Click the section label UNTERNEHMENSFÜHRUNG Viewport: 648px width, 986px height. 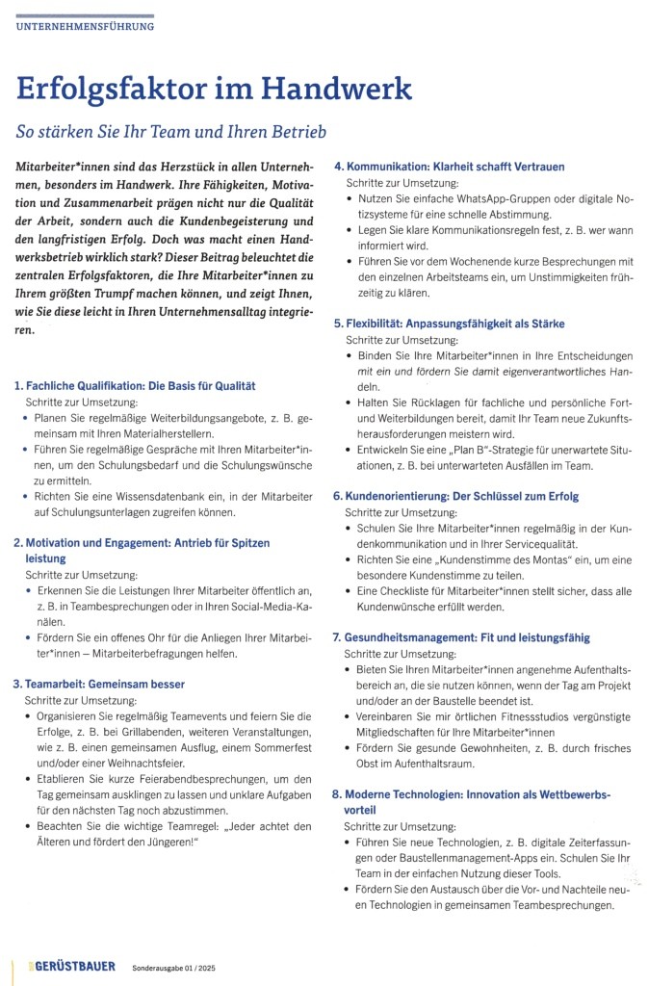pyautogui.click(x=85, y=27)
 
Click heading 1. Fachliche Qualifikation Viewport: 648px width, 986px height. pyautogui.click(x=135, y=385)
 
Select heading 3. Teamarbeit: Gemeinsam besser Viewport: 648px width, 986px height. pyautogui.click(x=98, y=684)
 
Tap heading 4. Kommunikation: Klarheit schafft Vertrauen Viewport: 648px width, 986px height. pyautogui.click(x=449, y=166)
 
